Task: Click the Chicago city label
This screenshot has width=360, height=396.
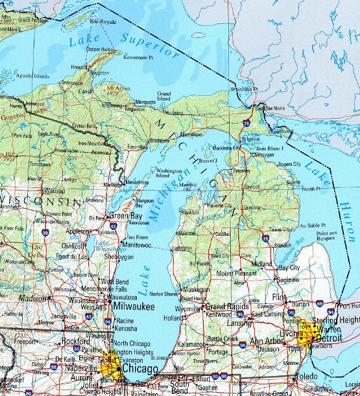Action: coord(137,369)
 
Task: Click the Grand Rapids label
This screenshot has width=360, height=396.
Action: coord(226,305)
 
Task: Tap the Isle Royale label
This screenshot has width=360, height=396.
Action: coord(102,21)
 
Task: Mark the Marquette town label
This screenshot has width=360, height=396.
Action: coord(145,102)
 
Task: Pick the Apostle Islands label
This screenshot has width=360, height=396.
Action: coord(32,76)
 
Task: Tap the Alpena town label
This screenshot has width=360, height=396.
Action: coord(293,182)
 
